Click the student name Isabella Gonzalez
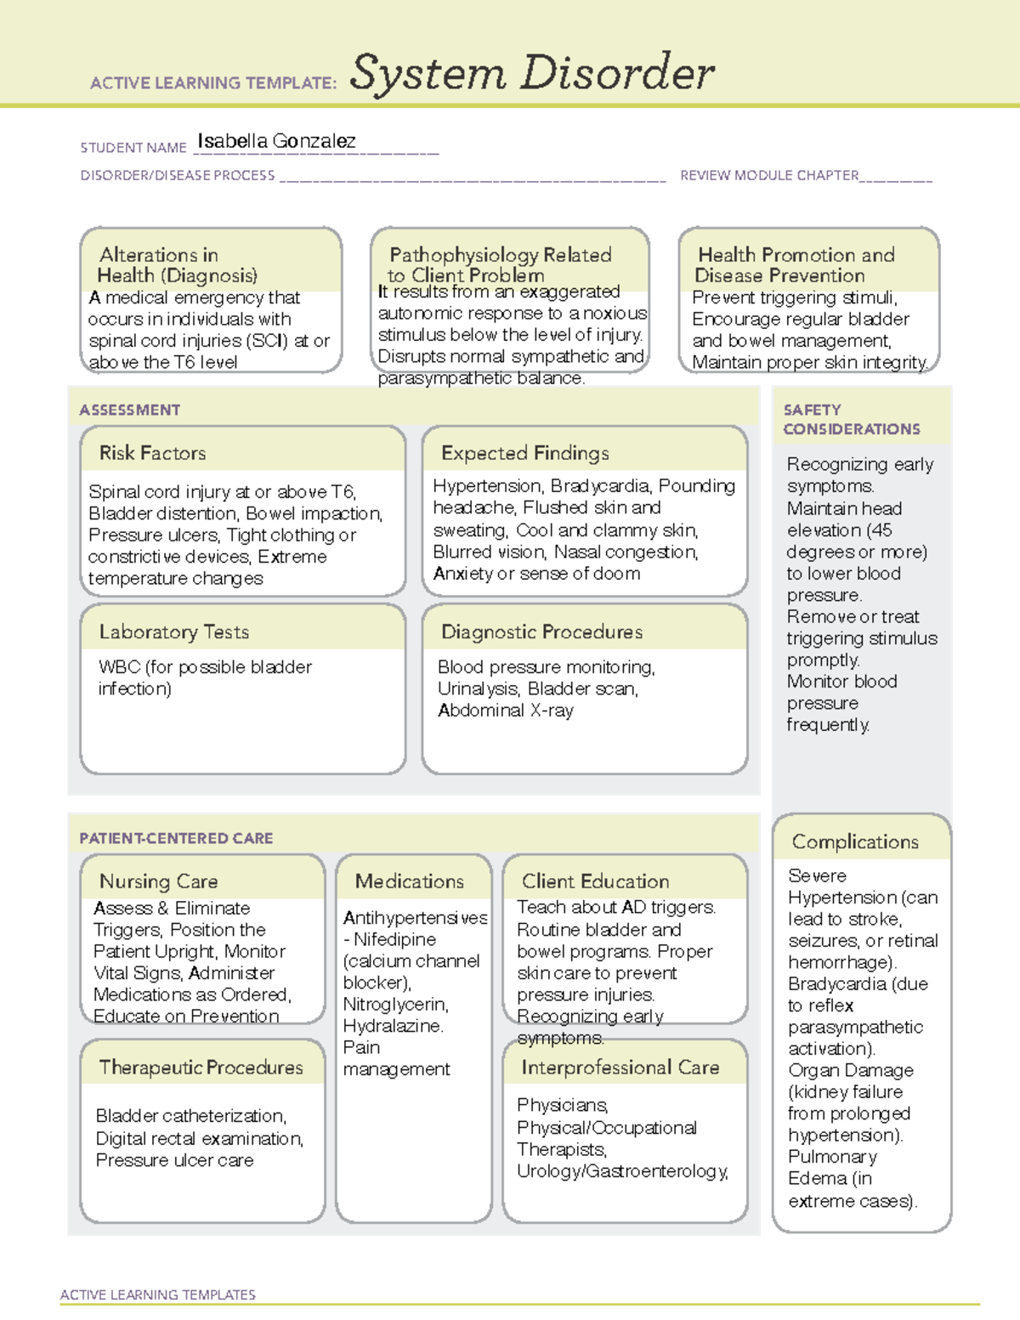[x=276, y=141]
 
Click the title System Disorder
[x=532, y=73]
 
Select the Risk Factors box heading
[x=152, y=453]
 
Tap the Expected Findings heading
[x=524, y=453]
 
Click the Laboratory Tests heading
[x=173, y=632]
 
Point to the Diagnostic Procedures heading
[x=541, y=632]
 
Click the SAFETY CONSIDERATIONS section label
[x=851, y=420]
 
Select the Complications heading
[x=854, y=841]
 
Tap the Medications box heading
[x=409, y=881]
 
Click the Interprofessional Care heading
[x=620, y=1068]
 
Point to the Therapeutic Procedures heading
[x=201, y=1068]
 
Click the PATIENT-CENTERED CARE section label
[x=176, y=838]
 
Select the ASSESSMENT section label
[x=129, y=410]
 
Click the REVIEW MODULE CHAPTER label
[x=768, y=175]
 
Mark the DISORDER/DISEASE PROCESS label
[x=177, y=175]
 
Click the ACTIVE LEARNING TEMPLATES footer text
[x=157, y=1295]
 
